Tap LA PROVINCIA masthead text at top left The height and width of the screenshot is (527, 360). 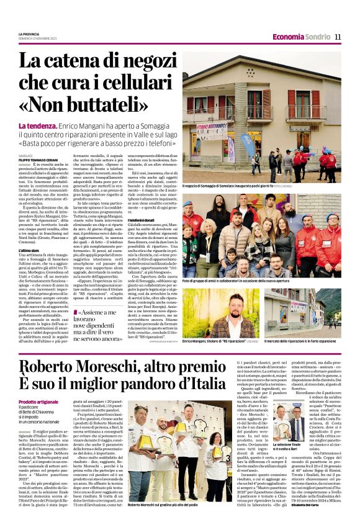[x=29, y=34]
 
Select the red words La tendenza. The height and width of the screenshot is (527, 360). [x=39, y=127]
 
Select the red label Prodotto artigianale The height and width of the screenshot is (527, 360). [x=38, y=402]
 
